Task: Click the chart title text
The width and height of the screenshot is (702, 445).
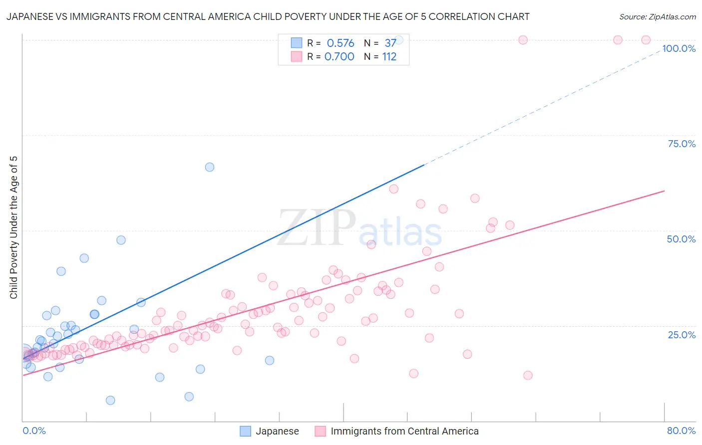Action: [x=268, y=16]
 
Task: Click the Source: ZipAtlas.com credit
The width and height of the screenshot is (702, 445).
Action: [x=657, y=16]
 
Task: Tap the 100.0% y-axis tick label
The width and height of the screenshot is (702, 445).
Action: [x=679, y=48]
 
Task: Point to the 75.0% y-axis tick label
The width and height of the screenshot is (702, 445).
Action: [x=682, y=144]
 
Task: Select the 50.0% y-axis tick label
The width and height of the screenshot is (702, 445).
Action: [x=681, y=239]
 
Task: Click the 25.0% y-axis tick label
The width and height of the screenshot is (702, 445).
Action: [x=682, y=334]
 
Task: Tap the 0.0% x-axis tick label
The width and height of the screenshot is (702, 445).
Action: [x=34, y=431]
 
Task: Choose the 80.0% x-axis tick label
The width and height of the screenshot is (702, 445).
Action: [x=681, y=431]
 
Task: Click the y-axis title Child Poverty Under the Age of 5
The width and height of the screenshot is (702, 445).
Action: [x=13, y=227]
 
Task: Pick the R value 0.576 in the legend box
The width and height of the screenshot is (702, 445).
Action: [x=341, y=43]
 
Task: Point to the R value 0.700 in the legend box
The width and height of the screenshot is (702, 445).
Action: [x=340, y=57]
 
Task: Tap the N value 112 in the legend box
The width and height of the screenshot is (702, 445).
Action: [x=389, y=57]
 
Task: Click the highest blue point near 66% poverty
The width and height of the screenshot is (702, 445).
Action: [x=210, y=167]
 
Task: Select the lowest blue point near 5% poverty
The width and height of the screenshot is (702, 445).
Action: [x=110, y=400]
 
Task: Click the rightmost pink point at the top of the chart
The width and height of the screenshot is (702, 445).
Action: [x=646, y=40]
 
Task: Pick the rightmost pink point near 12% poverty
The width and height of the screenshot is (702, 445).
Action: [x=528, y=375]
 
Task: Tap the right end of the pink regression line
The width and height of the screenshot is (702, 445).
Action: [x=664, y=191]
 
